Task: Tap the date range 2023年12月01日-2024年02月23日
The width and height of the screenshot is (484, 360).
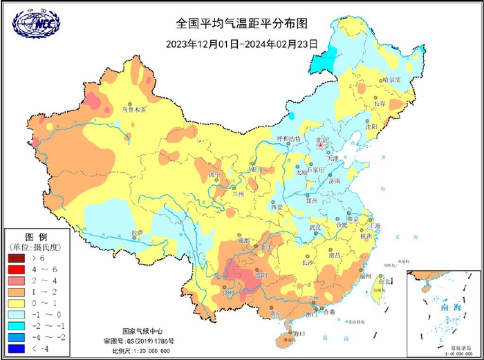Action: pyautogui.click(x=241, y=43)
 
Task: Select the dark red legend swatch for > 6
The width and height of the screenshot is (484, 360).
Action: pyautogui.click(x=16, y=258)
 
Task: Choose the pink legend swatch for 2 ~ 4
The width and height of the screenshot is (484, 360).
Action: pyautogui.click(x=16, y=280)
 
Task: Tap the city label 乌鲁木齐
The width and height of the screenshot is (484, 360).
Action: pyautogui.click(x=135, y=109)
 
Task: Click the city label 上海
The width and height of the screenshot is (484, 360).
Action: pyautogui.click(x=374, y=226)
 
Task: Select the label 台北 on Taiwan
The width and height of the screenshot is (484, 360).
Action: pyautogui.click(x=387, y=281)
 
